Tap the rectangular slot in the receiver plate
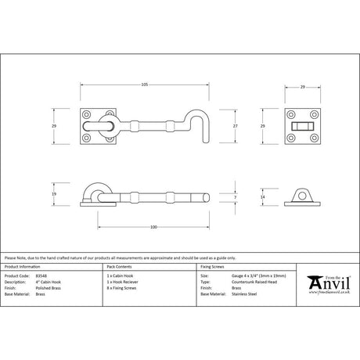point(301,125)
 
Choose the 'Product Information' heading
point(23,268)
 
